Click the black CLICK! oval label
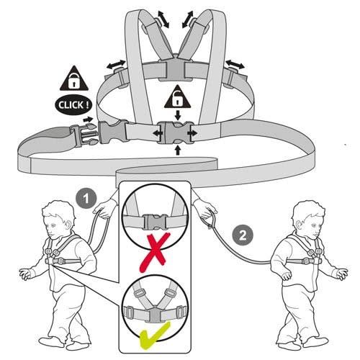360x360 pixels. click(73, 105)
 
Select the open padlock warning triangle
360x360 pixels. click(178, 97)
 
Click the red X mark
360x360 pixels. click(156, 252)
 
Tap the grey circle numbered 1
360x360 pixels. click(86, 199)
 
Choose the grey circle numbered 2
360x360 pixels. click(243, 235)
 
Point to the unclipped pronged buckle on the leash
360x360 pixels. click(84, 136)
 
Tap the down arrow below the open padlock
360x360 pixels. click(178, 115)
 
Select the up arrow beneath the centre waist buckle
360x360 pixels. click(178, 150)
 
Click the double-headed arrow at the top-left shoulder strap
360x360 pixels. click(163, 19)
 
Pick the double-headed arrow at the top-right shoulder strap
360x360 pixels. click(188, 19)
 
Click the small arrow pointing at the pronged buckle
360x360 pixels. click(88, 120)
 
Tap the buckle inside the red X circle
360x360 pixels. click(156, 222)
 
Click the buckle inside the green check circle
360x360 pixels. click(156, 315)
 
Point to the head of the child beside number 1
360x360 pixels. click(58, 219)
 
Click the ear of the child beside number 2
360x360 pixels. click(300, 225)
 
